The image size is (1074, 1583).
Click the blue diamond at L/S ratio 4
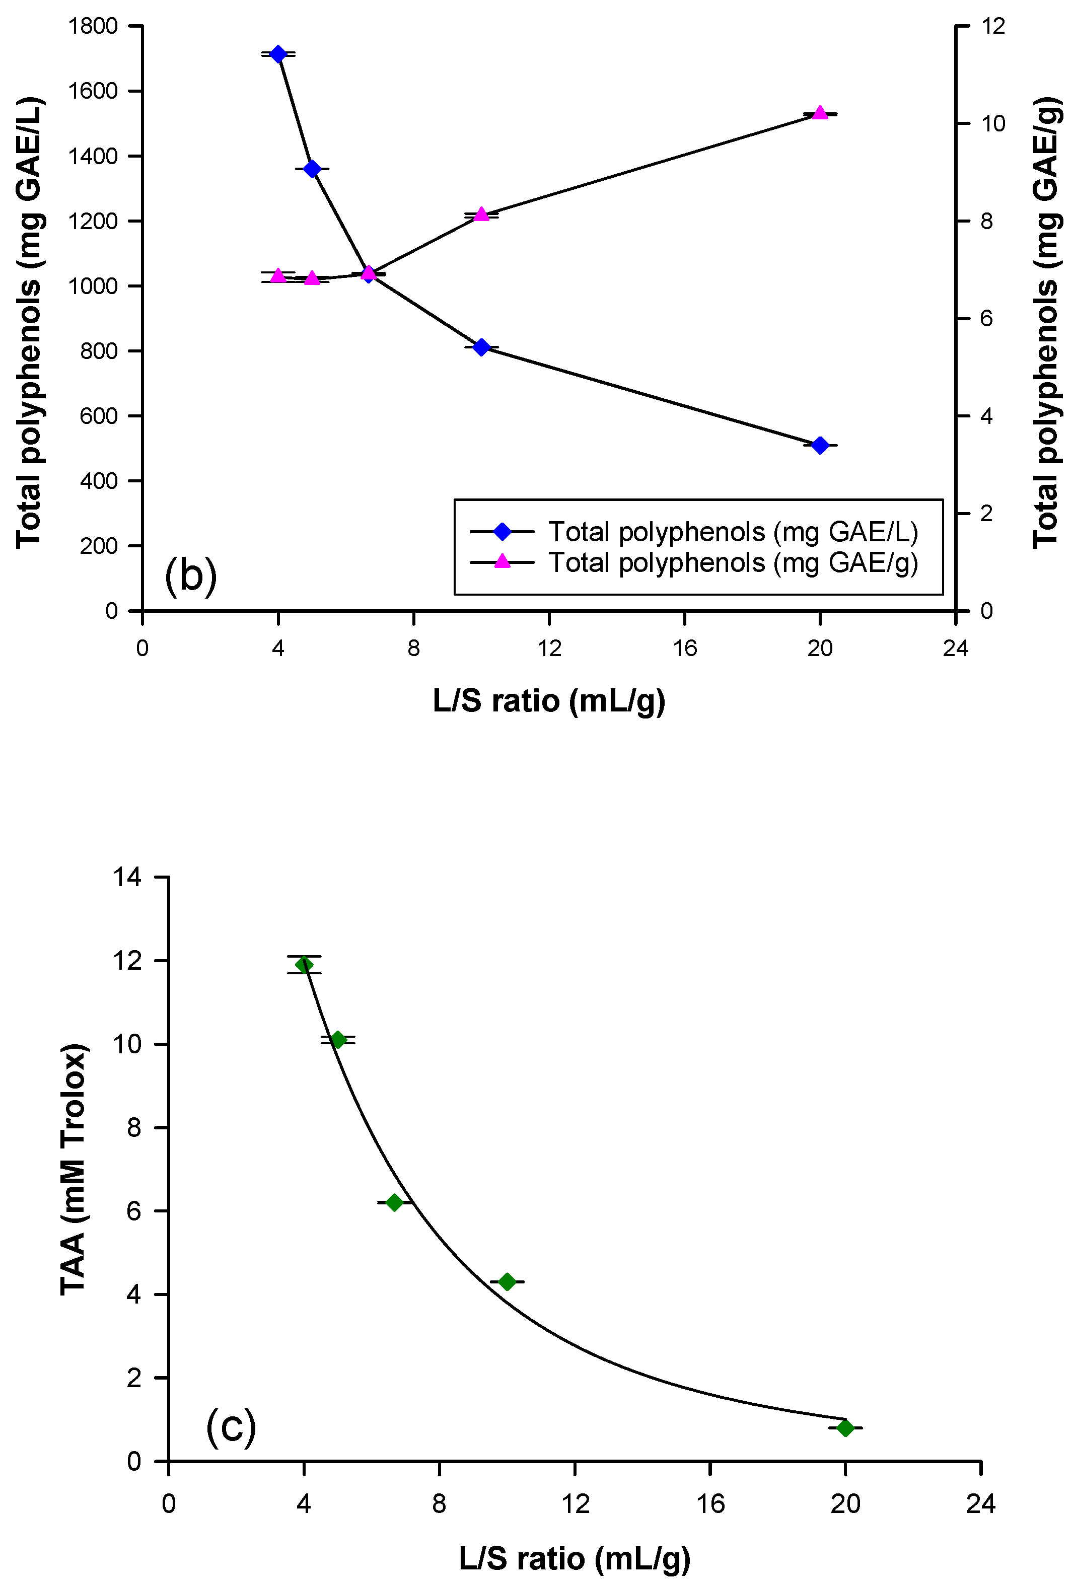tap(278, 54)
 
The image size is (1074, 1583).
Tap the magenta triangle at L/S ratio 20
tap(820, 112)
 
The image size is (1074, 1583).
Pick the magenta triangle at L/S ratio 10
tap(481, 214)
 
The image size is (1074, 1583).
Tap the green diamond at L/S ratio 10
tap(507, 1281)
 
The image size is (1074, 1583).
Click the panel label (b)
tap(191, 575)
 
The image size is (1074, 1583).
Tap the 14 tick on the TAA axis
tap(127, 877)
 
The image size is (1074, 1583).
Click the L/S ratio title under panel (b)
tap(549, 700)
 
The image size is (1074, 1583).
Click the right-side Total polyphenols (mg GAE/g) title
tap(1046, 322)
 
